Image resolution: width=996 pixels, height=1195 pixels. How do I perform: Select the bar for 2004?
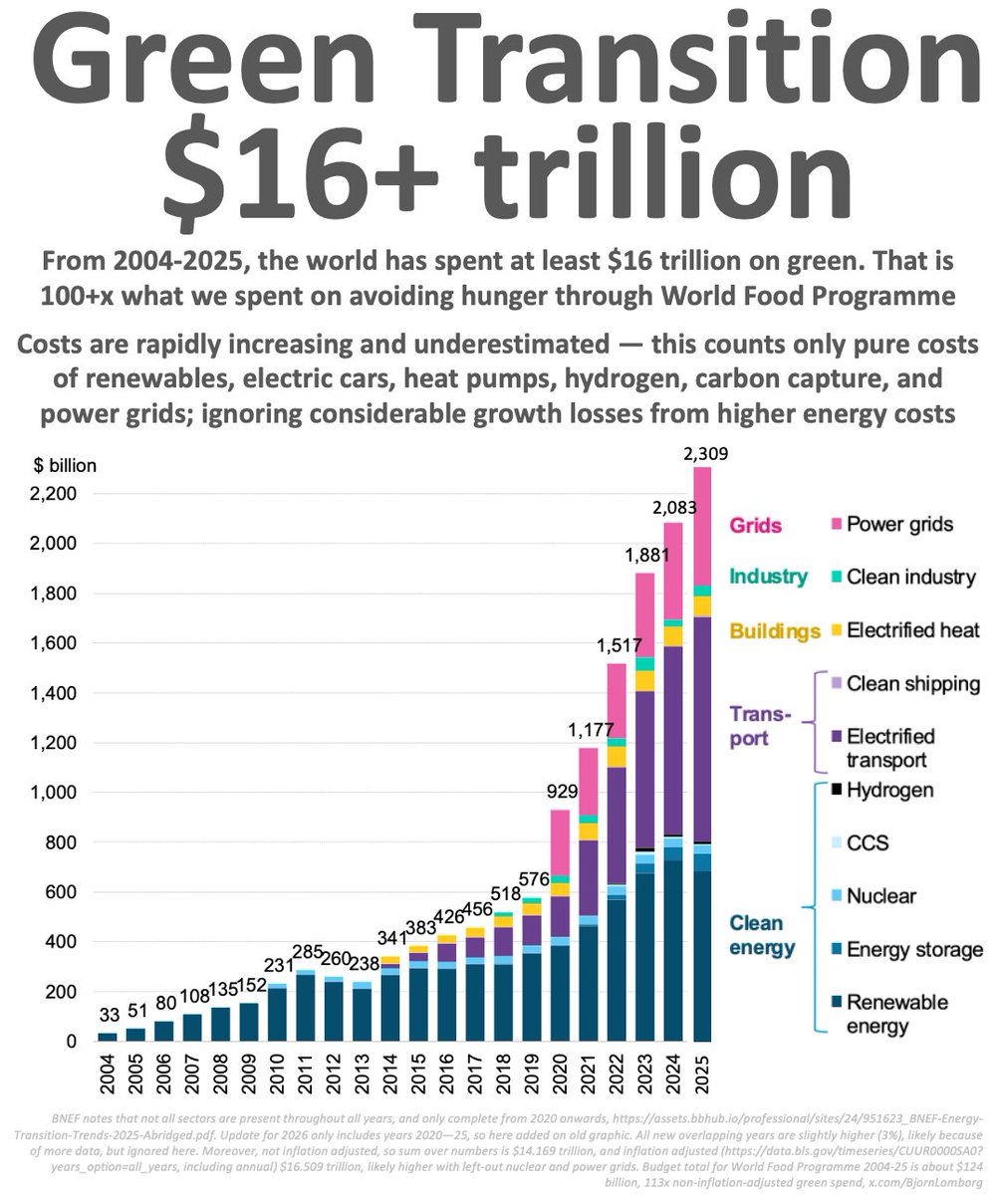point(107,1037)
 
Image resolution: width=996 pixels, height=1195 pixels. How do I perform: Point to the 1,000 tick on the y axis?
point(56,793)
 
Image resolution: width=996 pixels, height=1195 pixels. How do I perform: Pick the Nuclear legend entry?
point(880,896)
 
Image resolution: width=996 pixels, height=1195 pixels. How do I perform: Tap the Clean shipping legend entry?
point(912,684)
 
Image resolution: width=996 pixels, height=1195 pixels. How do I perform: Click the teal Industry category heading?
point(767,577)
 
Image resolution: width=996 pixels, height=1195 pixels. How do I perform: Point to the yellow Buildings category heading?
point(775,630)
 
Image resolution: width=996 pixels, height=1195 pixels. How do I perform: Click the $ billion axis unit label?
point(65,465)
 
